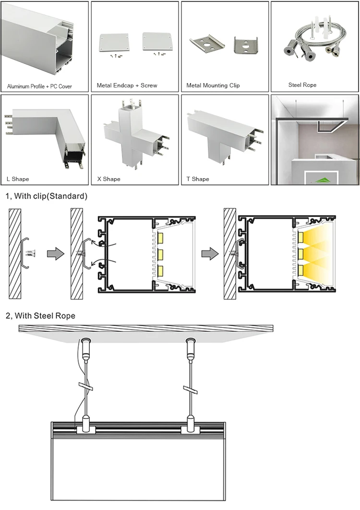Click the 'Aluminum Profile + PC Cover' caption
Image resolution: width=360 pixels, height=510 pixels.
tap(39, 86)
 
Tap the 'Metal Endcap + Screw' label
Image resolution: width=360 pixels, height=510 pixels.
tap(127, 85)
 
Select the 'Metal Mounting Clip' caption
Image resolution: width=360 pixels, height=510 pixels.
tap(213, 85)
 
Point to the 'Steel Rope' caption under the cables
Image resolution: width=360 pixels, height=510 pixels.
tap(302, 85)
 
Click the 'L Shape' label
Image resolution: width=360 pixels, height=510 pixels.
tap(18, 179)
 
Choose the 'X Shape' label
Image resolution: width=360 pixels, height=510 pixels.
tap(108, 179)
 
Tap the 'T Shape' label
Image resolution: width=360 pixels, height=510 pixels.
tap(198, 179)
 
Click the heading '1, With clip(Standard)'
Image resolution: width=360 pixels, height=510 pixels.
tap(47, 196)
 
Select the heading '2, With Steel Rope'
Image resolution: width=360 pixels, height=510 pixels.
tap(40, 316)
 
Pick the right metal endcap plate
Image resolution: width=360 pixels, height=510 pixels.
tap(155, 41)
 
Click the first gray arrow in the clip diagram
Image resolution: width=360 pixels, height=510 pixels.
tap(56, 254)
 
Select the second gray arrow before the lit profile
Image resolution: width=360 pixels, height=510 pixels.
tap(210, 254)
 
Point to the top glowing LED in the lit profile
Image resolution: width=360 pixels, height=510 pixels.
tap(300, 237)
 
